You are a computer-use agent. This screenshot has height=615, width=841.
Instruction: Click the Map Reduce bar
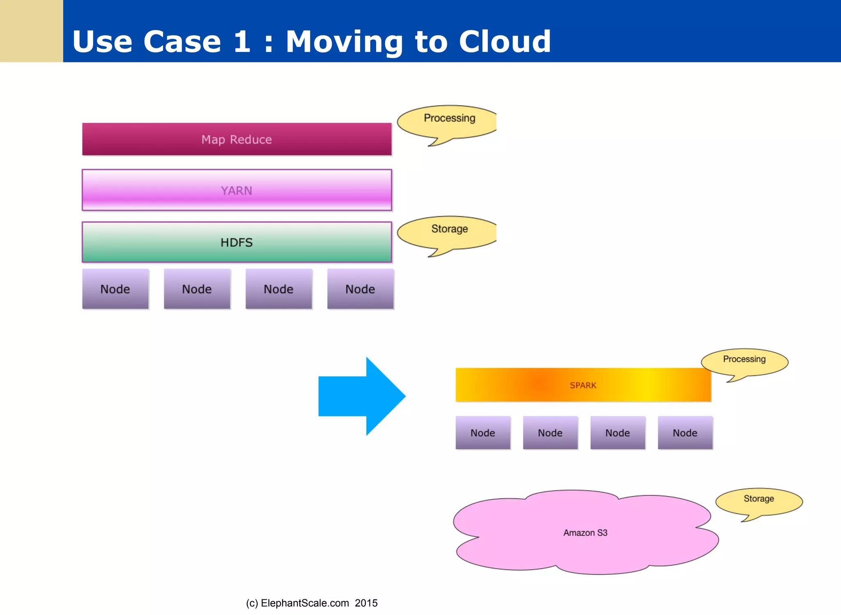237,139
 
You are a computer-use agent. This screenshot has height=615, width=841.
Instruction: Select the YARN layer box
237,190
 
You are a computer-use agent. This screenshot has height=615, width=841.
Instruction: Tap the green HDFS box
237,242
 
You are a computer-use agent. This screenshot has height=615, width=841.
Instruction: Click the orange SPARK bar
583,385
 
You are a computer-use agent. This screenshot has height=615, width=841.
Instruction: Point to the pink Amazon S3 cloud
585,532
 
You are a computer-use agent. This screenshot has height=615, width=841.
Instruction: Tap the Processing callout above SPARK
744,361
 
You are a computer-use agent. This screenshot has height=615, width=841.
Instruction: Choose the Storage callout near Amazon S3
758,500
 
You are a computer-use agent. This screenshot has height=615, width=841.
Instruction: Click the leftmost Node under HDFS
115,289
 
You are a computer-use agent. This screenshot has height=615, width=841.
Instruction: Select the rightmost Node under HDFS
360,289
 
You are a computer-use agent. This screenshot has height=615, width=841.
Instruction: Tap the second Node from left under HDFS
197,289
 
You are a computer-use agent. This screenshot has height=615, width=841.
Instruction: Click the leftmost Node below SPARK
483,433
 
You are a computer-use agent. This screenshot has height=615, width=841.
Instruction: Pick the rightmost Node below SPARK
685,433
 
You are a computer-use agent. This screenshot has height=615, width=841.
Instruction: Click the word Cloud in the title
505,41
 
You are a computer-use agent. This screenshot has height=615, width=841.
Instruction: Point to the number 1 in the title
242,41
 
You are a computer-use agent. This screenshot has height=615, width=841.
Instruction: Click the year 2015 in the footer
366,603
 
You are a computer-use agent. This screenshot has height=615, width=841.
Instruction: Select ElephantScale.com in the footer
305,603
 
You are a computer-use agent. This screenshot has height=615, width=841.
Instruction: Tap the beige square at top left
31,31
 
